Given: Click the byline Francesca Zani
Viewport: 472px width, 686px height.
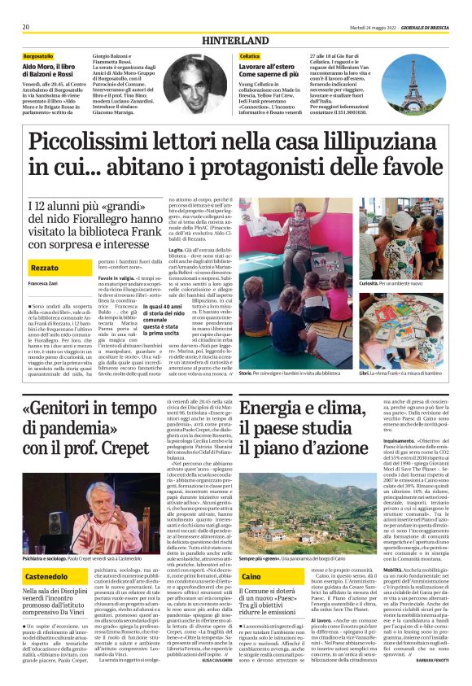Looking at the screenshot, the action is [42, 283].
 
